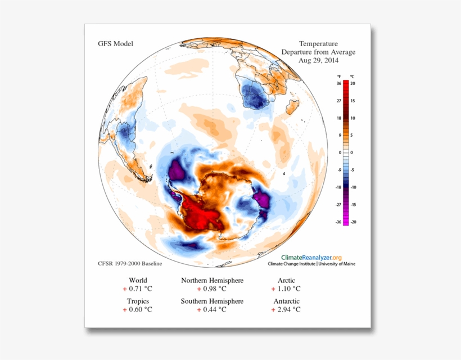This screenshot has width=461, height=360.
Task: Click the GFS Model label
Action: (x=115, y=44)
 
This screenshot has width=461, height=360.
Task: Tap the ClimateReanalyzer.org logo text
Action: (x=315, y=256)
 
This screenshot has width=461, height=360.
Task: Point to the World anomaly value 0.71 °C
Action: (x=138, y=289)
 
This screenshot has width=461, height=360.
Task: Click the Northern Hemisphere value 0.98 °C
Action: (x=212, y=289)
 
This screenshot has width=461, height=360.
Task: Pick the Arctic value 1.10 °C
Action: (x=286, y=289)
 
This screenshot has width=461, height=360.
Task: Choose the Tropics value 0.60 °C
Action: (x=138, y=309)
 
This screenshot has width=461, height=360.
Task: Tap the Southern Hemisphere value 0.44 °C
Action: (x=212, y=309)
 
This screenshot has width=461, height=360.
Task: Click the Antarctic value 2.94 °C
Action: (x=286, y=309)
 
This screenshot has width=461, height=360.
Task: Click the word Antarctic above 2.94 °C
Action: (x=286, y=301)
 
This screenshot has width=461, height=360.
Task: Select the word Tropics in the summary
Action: (x=138, y=301)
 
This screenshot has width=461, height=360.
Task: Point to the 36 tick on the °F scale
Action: (x=339, y=83)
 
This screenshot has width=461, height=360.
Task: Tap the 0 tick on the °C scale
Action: (x=352, y=152)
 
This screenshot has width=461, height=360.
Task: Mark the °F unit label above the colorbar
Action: (x=339, y=76)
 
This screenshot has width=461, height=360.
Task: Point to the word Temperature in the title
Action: (x=318, y=44)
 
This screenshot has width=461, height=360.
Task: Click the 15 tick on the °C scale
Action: (x=352, y=100)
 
